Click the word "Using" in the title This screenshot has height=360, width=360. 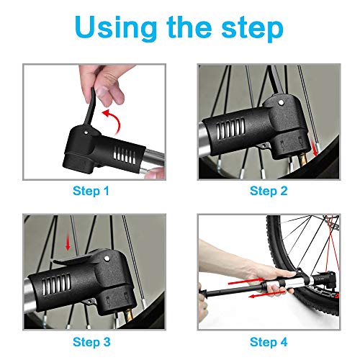click(115, 28)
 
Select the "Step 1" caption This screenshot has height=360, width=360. click(91, 191)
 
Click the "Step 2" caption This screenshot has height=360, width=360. click(269, 191)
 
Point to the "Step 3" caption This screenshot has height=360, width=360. click(91, 342)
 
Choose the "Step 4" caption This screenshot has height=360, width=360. click(269, 342)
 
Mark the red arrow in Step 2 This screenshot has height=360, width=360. click(314, 147)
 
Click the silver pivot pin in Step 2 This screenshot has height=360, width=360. click(281, 103)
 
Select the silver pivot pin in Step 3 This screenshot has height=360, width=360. click(107, 258)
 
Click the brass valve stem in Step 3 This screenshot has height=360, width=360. click(128, 316)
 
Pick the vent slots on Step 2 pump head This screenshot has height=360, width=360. click(230, 129)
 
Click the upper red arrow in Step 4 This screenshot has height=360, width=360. click(246, 281)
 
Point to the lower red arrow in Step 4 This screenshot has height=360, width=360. click(267, 294)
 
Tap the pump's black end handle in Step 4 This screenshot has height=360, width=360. click(203, 293)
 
